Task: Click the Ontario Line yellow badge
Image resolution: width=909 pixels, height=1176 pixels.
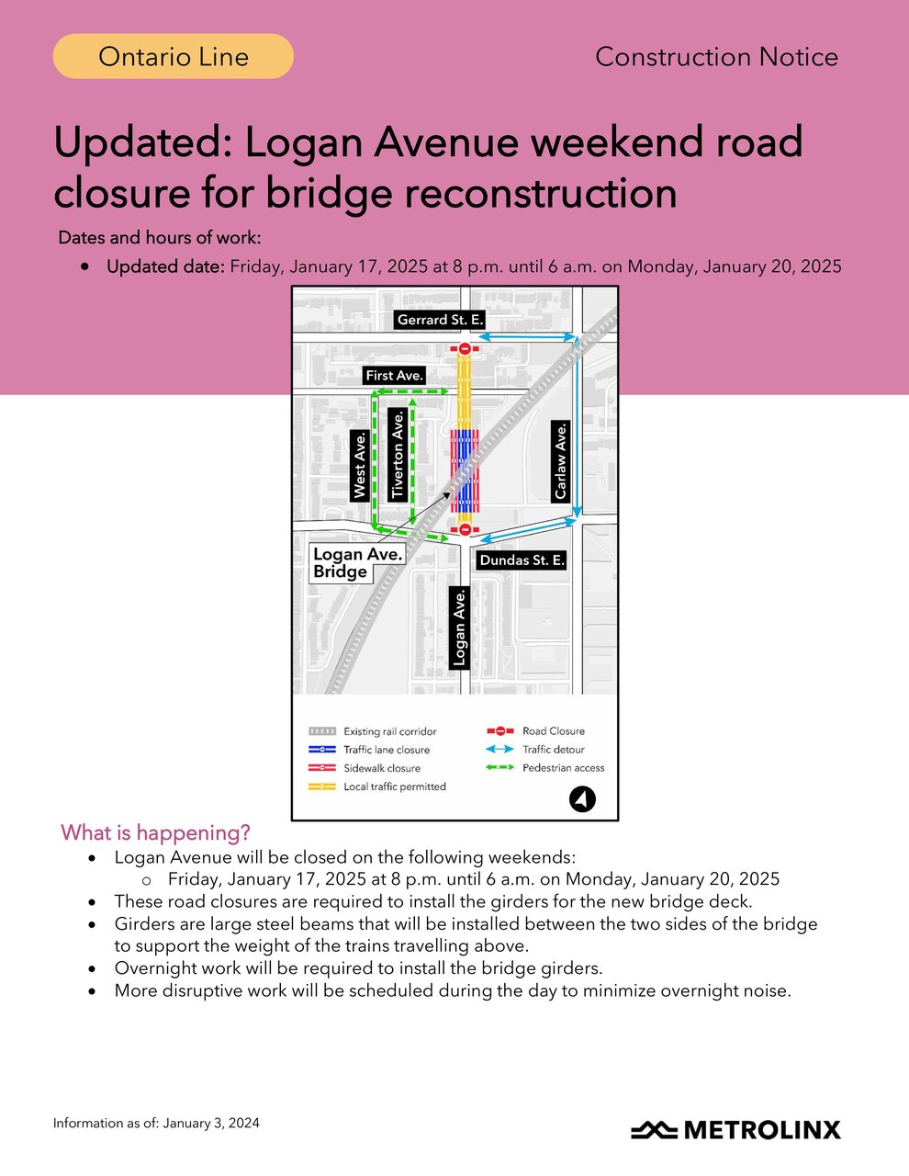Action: [x=174, y=56]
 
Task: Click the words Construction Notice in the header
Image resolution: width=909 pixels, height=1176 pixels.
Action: [x=716, y=57]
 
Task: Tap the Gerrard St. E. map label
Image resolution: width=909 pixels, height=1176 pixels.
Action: [x=440, y=320]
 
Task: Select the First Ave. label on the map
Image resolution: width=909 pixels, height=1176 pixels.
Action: [x=394, y=375]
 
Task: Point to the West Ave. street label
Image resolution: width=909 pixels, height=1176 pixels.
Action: [x=360, y=466]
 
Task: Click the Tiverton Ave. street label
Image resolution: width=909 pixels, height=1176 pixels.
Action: [x=398, y=455]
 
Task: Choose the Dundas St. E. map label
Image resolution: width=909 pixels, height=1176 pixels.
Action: [x=522, y=560]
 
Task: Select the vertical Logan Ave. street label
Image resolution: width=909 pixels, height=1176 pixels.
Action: [x=460, y=628]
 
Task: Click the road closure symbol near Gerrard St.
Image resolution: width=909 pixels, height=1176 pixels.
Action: [x=466, y=349]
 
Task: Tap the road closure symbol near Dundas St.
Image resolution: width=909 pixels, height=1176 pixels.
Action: [x=466, y=529]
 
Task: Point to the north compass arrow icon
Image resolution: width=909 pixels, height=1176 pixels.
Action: [x=582, y=799]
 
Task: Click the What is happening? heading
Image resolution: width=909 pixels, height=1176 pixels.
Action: [x=155, y=832]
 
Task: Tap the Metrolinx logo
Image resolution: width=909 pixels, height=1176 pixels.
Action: [x=735, y=1129]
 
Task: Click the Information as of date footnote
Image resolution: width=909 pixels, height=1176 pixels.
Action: [x=156, y=1123]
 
